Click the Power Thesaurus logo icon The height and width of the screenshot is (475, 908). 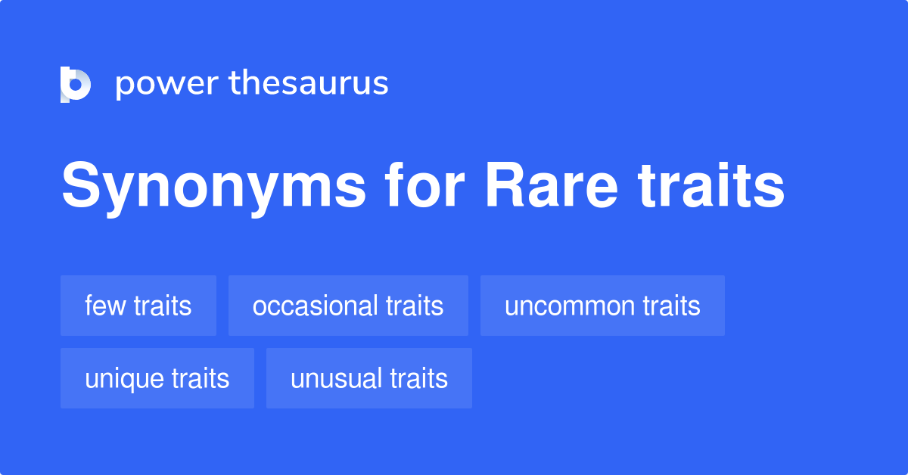pyautogui.click(x=76, y=84)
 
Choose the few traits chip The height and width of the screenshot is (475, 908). pyautogui.click(x=138, y=306)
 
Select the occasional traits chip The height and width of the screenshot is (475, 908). pyautogui.click(x=348, y=306)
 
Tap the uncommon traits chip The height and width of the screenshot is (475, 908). pyautogui.click(x=602, y=306)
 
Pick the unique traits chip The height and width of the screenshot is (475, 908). pyautogui.click(x=157, y=378)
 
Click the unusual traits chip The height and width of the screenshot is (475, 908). pyautogui.click(x=369, y=378)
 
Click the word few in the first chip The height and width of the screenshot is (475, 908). pyautogui.click(x=105, y=306)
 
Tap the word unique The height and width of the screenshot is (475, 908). pyautogui.click(x=124, y=379)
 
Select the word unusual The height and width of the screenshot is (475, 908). pyautogui.click(x=336, y=378)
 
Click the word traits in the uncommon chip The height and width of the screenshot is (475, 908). pyautogui.click(x=671, y=306)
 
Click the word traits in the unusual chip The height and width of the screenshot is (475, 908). pyautogui.click(x=418, y=378)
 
